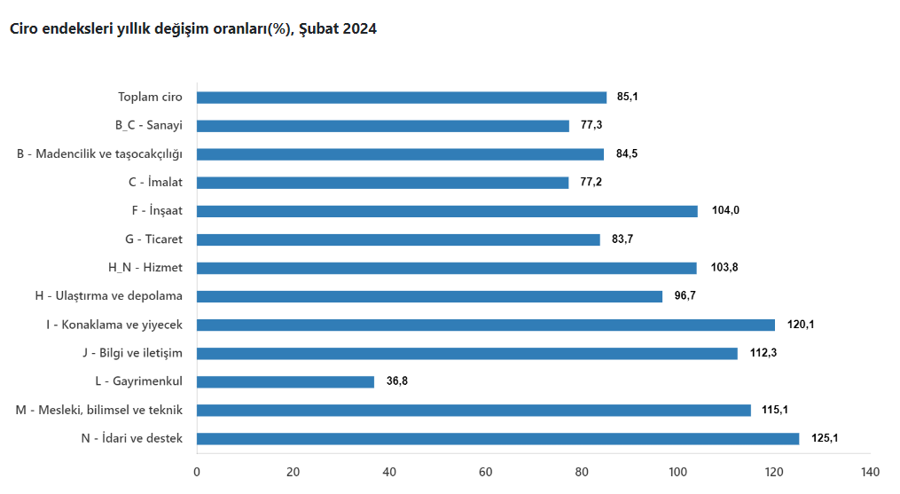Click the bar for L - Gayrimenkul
[286, 381]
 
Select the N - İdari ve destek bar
[497, 438]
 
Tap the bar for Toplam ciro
[402, 98]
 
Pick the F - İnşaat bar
[447, 211]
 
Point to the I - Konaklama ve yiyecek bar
[486, 325]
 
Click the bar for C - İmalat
[383, 183]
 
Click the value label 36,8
[397, 381]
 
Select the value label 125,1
[825, 438]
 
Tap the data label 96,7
[685, 296]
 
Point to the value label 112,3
[763, 353]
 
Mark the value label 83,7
[622, 239]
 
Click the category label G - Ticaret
[153, 239]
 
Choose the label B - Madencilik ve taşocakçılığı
[99, 154]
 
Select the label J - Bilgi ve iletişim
[132, 353]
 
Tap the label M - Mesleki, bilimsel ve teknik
[99, 410]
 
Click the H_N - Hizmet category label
[145, 268]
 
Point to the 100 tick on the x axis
[678, 472]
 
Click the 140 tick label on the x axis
[871, 472]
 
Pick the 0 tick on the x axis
[197, 472]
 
